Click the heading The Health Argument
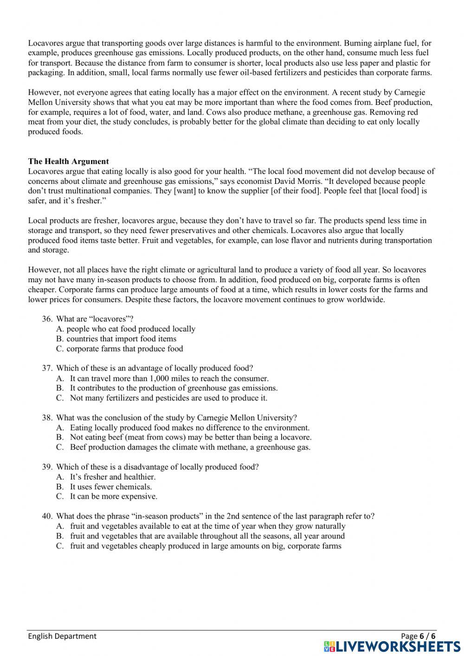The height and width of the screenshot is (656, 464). coord(68,162)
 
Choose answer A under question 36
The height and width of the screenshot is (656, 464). coord(126,329)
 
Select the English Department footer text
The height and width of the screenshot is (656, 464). coord(62,636)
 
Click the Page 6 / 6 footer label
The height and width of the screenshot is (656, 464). coord(418,636)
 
